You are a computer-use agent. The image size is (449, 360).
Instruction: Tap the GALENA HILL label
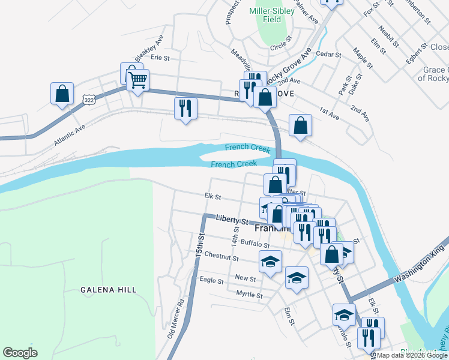pyautogui.click(x=109, y=290)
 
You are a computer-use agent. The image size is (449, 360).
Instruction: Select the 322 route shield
pyautogui.click(x=89, y=100)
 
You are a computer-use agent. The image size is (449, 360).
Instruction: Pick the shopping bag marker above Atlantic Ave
pyautogui.click(x=62, y=94)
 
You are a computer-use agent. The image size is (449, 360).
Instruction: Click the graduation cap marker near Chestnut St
pyautogui.click(x=270, y=262)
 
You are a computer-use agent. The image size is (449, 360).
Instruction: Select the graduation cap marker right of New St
pyautogui.click(x=297, y=278)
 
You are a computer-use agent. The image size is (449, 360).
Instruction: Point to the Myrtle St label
pyautogui.click(x=250, y=295)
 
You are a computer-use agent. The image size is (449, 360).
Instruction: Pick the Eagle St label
pyautogui.click(x=211, y=280)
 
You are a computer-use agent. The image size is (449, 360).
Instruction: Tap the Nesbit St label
pyautogui.click(x=389, y=36)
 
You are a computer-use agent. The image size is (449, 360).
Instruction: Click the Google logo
pyautogui.click(x=20, y=353)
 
